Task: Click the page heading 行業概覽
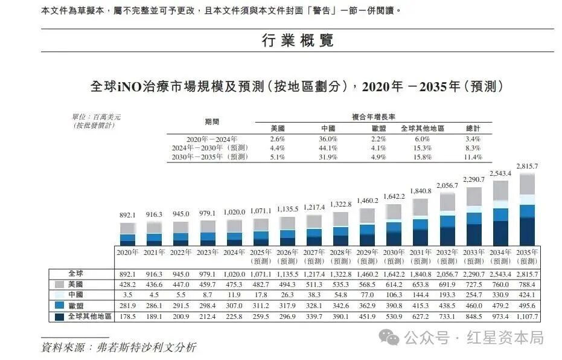[x=298, y=41]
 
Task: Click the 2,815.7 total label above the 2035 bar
[x=527, y=166]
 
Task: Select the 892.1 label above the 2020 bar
[x=127, y=216]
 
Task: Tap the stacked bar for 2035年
[x=527, y=208]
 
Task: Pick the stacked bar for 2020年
[x=127, y=233]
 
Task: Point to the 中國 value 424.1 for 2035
[x=527, y=295]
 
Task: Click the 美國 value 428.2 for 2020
[x=127, y=284]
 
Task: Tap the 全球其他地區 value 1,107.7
[x=527, y=317]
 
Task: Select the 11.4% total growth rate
[x=473, y=157]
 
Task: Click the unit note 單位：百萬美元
[x=96, y=117]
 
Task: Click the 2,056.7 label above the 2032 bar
[x=447, y=185]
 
